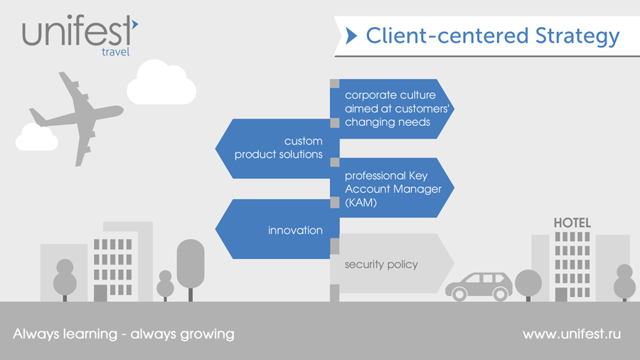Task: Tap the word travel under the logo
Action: click(x=115, y=52)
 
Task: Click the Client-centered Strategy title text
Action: click(x=492, y=36)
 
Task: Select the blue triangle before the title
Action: click(x=351, y=36)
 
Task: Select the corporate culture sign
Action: click(x=391, y=108)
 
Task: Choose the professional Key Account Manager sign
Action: click(x=392, y=189)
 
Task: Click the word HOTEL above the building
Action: click(x=572, y=223)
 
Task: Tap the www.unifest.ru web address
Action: click(x=571, y=334)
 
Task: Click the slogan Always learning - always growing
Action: click(x=124, y=334)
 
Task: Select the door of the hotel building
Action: click(x=561, y=294)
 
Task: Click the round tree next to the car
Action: click(x=528, y=282)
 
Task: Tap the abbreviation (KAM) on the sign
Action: click(x=361, y=203)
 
